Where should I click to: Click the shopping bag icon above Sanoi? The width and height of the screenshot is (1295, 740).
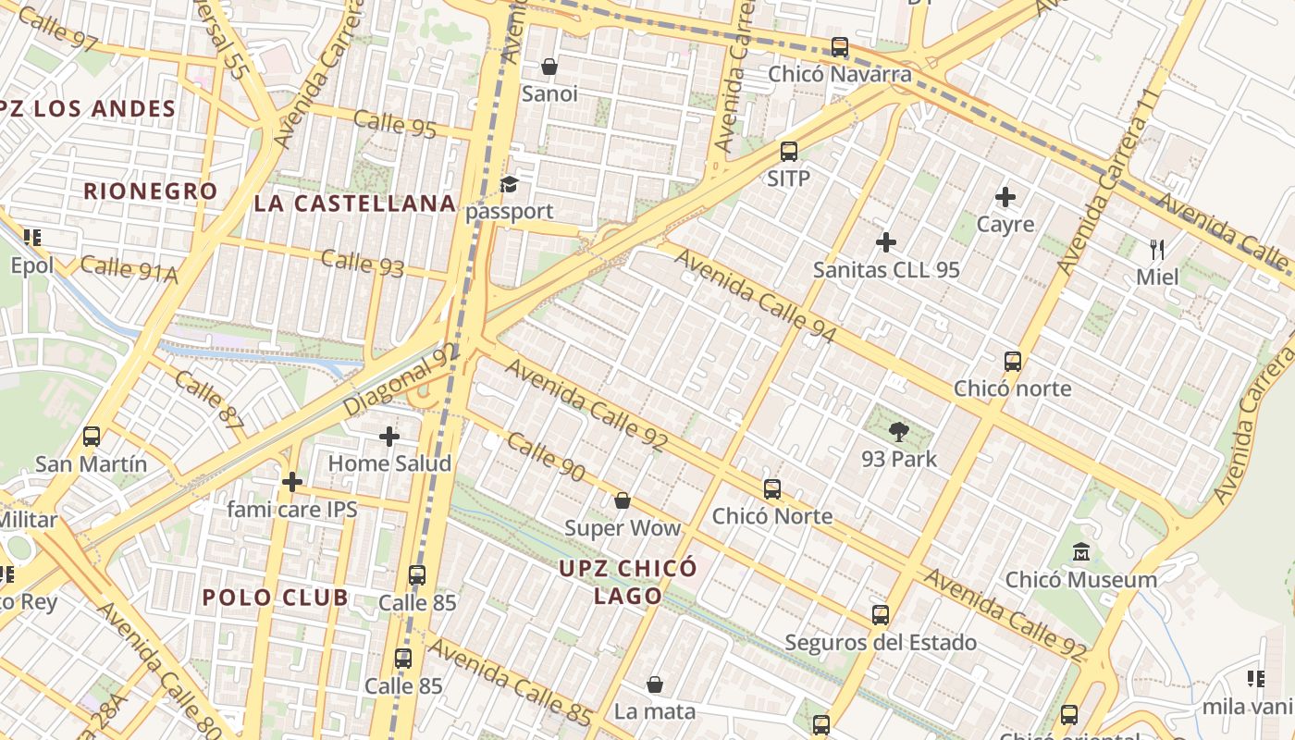click(x=549, y=67)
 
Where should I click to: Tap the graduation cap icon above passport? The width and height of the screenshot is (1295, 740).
click(x=509, y=184)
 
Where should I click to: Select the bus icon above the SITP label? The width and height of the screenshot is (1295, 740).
click(x=789, y=152)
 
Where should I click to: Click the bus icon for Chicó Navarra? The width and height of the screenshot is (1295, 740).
click(x=840, y=46)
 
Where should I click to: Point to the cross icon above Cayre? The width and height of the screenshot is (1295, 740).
click(x=1005, y=197)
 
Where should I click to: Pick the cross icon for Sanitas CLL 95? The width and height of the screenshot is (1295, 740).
click(x=886, y=242)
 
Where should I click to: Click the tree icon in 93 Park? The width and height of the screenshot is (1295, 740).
click(x=898, y=431)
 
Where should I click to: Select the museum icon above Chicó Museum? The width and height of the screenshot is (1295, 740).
click(x=1080, y=553)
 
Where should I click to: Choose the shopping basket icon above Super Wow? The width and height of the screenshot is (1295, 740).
click(x=623, y=500)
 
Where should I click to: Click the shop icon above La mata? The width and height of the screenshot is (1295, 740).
click(x=655, y=684)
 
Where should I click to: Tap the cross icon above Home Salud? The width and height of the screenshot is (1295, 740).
click(x=389, y=436)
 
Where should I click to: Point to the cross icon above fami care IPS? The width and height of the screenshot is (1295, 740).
click(x=292, y=481)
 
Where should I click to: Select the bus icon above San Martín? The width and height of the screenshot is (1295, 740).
click(x=91, y=437)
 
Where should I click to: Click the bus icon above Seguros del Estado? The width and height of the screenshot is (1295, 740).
click(x=881, y=614)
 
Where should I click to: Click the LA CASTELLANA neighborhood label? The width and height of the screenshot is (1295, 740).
click(x=355, y=203)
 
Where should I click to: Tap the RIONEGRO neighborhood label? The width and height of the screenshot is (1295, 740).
click(x=151, y=191)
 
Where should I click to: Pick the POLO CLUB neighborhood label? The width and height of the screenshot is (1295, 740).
click(x=276, y=598)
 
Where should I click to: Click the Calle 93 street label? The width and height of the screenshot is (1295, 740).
click(x=363, y=263)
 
